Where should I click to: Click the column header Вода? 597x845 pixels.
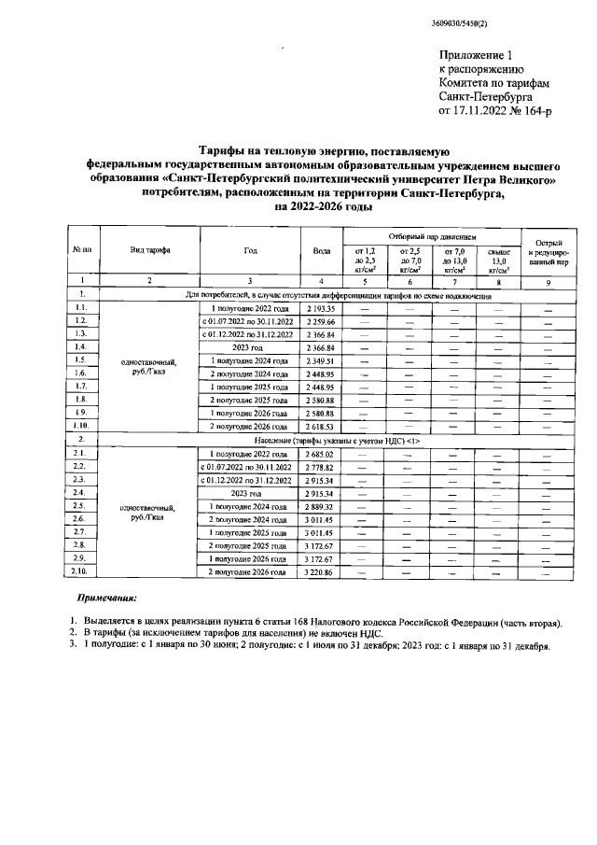pyautogui.click(x=320, y=251)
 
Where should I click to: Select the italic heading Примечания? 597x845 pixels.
pyautogui.click(x=105, y=598)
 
